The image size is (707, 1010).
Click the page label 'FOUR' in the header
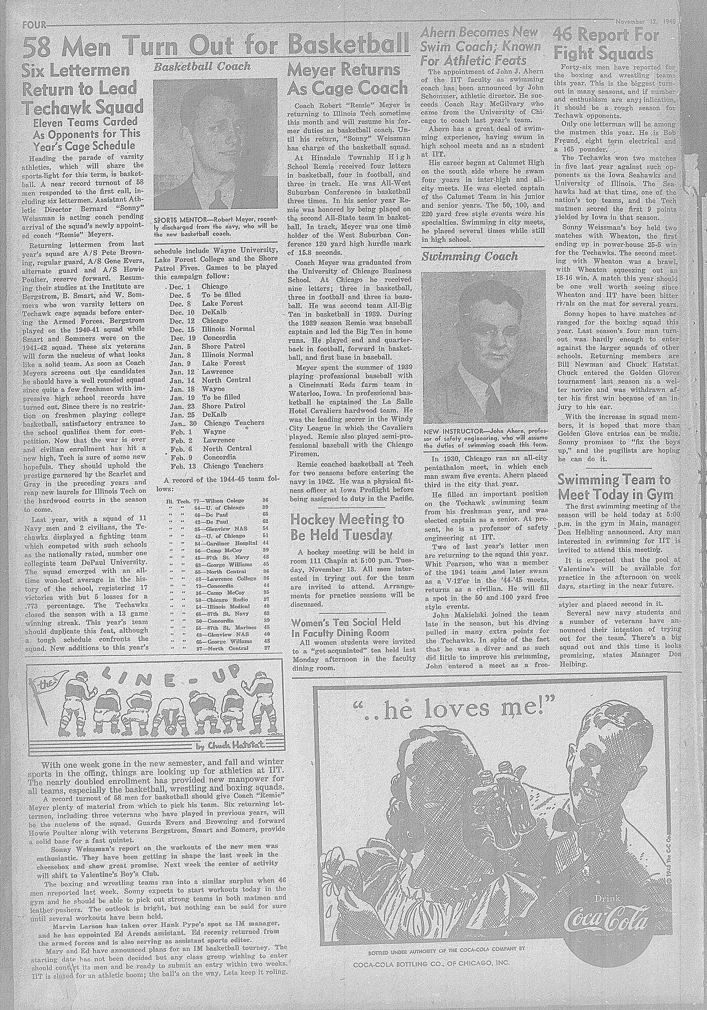point(33,25)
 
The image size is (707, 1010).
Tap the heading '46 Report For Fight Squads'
point(606,45)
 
